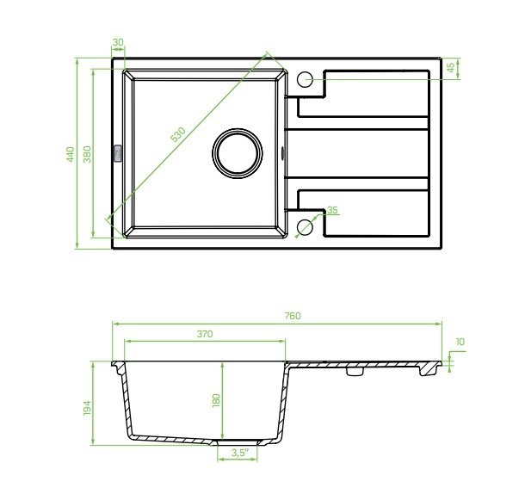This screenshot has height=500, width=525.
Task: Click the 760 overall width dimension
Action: point(293,316)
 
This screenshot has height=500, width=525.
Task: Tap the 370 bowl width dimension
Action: point(205,334)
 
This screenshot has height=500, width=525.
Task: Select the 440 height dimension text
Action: point(71,154)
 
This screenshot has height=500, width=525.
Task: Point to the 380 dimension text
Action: point(87,154)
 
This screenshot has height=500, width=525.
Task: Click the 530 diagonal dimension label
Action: point(178,134)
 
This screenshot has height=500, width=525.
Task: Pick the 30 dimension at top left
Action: point(118,42)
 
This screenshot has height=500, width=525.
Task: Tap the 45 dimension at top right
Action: point(451,67)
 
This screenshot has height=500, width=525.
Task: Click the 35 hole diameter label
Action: point(332,210)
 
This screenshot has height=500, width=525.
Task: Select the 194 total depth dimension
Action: point(87,408)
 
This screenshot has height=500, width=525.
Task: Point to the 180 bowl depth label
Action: point(216,400)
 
